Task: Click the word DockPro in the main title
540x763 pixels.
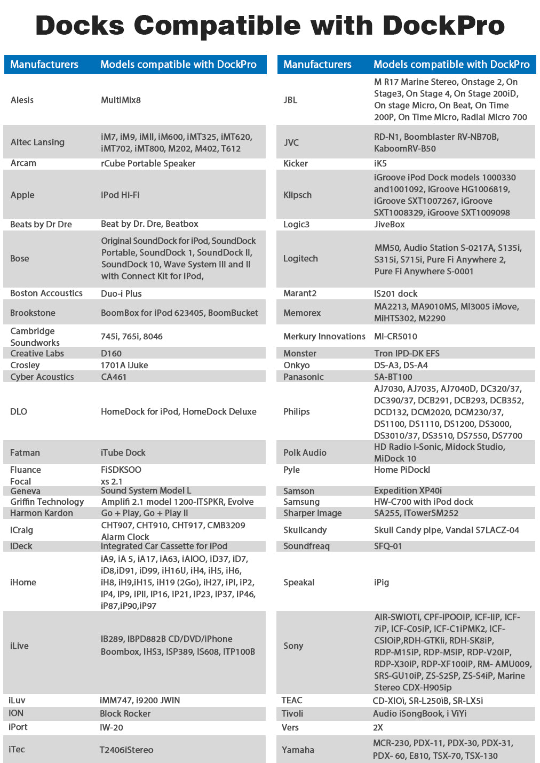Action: click(x=443, y=25)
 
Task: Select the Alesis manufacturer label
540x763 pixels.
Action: click(x=22, y=100)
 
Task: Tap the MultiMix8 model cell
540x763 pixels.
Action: click(x=121, y=100)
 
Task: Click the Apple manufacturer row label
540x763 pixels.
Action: click(x=22, y=195)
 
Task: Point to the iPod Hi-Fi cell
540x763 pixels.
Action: click(x=120, y=195)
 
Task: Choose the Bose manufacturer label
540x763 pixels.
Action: click(x=20, y=258)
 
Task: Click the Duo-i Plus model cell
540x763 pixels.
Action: click(x=121, y=293)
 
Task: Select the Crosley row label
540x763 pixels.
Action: click(x=25, y=365)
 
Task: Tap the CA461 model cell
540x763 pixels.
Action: click(x=114, y=377)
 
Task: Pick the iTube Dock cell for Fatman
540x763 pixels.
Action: click(x=123, y=452)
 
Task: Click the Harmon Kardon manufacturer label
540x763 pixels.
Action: click(x=42, y=513)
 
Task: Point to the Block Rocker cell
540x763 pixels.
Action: click(x=125, y=713)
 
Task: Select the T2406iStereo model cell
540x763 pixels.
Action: click(x=126, y=750)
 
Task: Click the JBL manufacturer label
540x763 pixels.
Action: click(x=290, y=100)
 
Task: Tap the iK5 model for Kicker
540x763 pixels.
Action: click(x=380, y=163)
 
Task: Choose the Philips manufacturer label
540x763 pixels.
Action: click(x=297, y=411)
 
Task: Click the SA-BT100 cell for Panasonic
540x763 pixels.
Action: click(x=393, y=377)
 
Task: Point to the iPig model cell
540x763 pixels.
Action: click(x=382, y=582)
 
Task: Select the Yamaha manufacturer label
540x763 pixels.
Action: click(x=298, y=750)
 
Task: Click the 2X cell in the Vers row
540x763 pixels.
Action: click(x=378, y=727)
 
